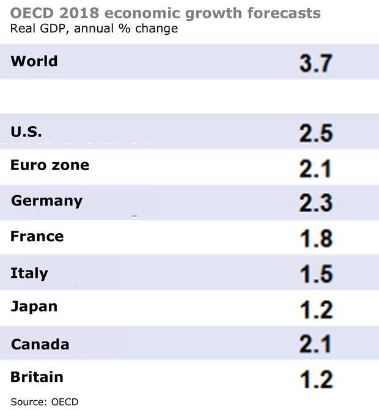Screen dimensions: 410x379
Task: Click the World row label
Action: pos(34,61)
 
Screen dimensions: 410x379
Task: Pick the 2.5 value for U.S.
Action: pos(315,133)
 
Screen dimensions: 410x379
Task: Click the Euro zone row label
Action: pos(50,165)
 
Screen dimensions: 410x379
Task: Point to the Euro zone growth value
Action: pos(315,168)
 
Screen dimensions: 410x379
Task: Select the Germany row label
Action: pos(46,201)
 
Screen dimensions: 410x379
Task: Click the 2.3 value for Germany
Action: pos(315,203)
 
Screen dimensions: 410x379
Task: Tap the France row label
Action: pos(37,236)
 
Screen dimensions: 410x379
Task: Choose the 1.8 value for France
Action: pos(315,238)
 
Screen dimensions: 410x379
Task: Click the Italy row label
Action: pos(29,272)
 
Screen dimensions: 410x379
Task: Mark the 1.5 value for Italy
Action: pos(315,274)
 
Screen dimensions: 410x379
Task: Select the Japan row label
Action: pos(34,307)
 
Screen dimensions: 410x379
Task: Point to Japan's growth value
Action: pos(315,309)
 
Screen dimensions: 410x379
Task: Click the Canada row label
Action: pos(40,344)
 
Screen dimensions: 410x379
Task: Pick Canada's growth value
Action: pos(315,345)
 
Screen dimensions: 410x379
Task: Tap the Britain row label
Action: pos(37,377)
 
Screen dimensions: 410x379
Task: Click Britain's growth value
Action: pos(315,379)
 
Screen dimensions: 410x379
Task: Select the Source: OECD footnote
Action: pos(45,401)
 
